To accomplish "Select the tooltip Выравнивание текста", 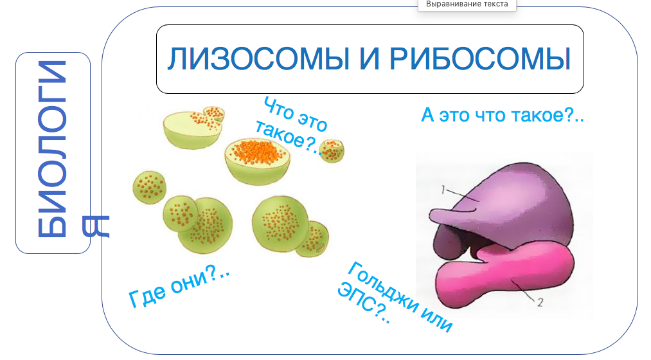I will tap(467, 4).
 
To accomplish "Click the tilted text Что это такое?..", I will tap(293, 126).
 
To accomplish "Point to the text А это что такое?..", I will tap(502, 116).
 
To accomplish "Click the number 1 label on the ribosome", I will tap(443, 189).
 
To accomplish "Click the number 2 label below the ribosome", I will tap(540, 303).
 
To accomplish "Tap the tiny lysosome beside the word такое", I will tap(332, 150).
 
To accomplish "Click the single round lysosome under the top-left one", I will tap(149, 187).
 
